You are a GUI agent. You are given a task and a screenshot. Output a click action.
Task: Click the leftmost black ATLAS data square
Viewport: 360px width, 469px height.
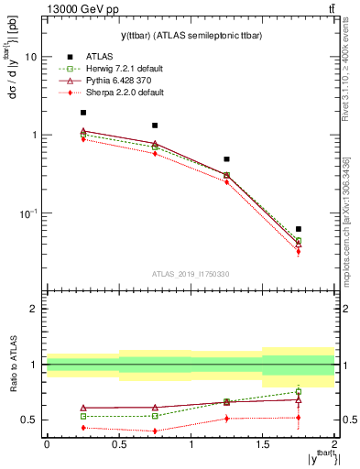coord(83,113)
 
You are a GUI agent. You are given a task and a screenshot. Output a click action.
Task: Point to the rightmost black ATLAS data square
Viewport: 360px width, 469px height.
coord(299,229)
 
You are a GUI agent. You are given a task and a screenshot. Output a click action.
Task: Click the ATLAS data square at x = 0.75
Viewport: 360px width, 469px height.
coord(155,125)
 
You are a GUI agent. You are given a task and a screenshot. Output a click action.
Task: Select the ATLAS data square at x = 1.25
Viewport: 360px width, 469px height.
coord(227,159)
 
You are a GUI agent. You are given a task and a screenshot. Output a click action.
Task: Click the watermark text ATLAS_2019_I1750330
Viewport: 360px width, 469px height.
coord(191,274)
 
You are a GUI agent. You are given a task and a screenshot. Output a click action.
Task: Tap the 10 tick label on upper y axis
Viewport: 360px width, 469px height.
coord(30,57)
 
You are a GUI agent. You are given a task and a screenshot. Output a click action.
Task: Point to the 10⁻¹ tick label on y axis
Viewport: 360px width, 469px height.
coord(27,213)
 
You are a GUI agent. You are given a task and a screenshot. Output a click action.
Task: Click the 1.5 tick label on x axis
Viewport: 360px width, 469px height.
coord(262,443)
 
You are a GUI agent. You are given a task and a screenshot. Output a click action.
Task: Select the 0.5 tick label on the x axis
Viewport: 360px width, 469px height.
coord(118,443)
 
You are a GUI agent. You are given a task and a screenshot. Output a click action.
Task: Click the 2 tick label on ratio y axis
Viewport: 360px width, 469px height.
coord(34,309)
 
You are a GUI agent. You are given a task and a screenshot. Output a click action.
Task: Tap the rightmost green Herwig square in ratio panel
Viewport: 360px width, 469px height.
coord(299,392)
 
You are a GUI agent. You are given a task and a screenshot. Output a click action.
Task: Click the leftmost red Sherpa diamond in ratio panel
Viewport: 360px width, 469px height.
coord(83,428)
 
